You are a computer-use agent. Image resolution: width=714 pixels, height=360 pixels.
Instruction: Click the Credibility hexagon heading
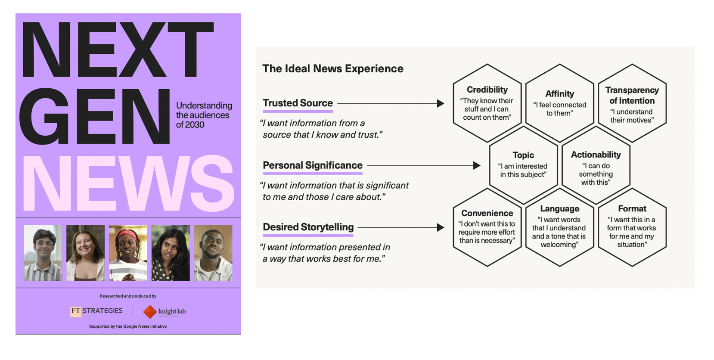(487, 90)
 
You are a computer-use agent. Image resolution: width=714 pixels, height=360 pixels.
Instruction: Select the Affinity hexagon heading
(559, 94)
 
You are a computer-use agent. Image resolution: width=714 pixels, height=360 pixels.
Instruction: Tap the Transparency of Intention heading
(632, 95)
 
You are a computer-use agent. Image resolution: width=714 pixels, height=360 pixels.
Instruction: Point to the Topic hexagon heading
(523, 155)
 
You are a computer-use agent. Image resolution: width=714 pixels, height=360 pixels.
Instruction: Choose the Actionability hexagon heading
(596, 155)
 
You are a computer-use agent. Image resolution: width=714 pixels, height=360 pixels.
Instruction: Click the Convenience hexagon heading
(487, 213)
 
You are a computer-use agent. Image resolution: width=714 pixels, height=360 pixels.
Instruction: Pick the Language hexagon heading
(559, 208)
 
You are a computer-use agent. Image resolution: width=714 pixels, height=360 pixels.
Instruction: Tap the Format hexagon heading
(632, 208)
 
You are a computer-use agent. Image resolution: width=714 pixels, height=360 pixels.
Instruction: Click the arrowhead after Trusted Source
(440, 103)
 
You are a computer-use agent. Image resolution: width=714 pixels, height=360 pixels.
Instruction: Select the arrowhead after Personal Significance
(476, 165)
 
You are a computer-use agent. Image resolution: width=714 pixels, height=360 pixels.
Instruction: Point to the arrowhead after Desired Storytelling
(440, 227)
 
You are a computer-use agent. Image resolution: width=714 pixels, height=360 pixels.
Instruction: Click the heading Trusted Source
(298, 103)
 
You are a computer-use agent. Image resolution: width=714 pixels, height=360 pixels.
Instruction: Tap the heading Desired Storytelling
(308, 227)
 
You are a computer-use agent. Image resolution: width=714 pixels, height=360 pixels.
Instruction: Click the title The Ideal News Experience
(333, 68)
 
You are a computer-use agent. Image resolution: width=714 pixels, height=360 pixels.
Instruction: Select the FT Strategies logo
(96, 311)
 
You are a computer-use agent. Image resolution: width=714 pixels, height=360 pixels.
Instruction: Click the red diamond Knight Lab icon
(149, 311)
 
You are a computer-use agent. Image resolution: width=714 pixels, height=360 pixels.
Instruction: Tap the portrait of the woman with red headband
(128, 253)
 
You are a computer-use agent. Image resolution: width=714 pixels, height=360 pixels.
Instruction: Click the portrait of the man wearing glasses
(43, 253)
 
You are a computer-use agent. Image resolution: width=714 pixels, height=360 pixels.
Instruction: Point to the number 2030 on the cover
(196, 125)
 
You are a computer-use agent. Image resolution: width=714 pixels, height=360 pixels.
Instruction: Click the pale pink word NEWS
(128, 184)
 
